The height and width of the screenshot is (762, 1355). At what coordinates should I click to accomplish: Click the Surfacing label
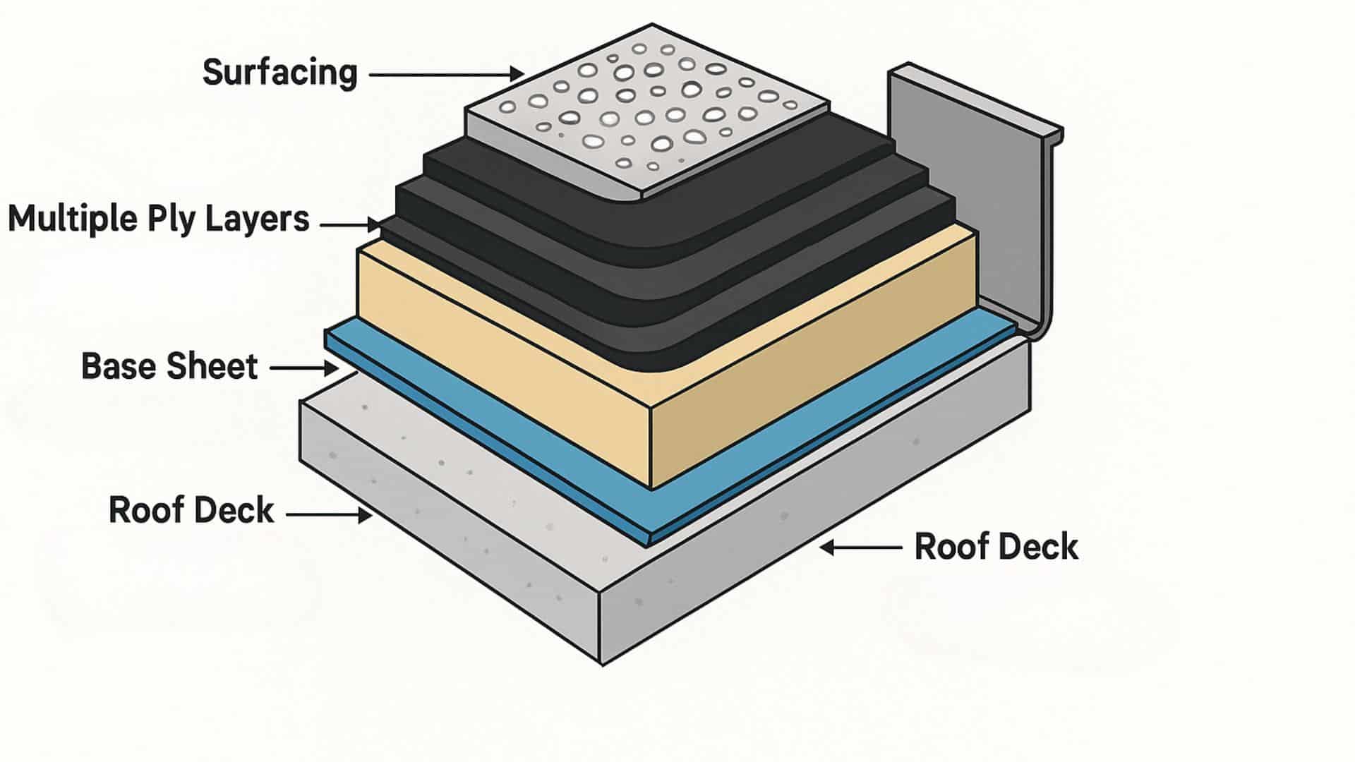pos(280,73)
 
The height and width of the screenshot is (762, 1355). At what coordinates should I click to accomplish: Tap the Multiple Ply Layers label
pos(159,219)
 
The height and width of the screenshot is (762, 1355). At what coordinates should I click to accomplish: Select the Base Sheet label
pos(170,367)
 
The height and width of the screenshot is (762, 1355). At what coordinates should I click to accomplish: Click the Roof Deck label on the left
pos(191,511)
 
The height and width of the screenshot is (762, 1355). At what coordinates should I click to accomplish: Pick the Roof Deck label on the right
pos(996,548)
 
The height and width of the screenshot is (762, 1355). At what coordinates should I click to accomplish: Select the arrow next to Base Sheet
pos(304,368)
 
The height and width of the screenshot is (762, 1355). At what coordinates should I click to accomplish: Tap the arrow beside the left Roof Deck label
pos(329,515)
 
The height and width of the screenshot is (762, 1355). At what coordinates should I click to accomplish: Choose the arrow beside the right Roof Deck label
pos(861,548)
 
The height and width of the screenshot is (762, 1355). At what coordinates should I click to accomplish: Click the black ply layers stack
pos(635,268)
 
